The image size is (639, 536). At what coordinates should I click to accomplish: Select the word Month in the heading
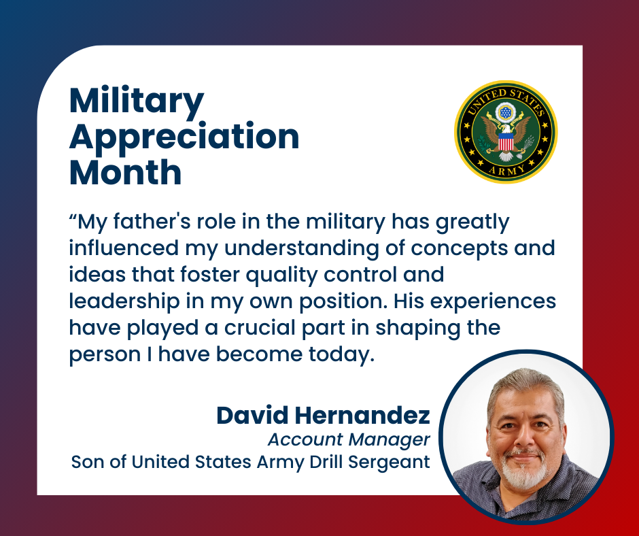pos(126,172)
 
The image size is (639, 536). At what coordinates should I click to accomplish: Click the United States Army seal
pos(506,132)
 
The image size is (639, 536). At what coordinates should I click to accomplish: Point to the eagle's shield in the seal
pos(506,142)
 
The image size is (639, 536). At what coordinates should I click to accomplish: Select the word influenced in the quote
pos(124,248)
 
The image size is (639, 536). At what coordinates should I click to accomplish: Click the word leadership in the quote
pos(124,301)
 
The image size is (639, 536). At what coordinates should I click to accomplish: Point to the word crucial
pos(260,328)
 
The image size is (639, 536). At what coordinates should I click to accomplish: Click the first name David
pos(252,415)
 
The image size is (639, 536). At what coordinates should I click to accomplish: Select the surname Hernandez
pos(362,415)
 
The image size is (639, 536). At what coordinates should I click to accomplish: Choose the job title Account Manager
pos(349,439)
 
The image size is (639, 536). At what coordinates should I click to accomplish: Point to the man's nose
pos(525,437)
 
